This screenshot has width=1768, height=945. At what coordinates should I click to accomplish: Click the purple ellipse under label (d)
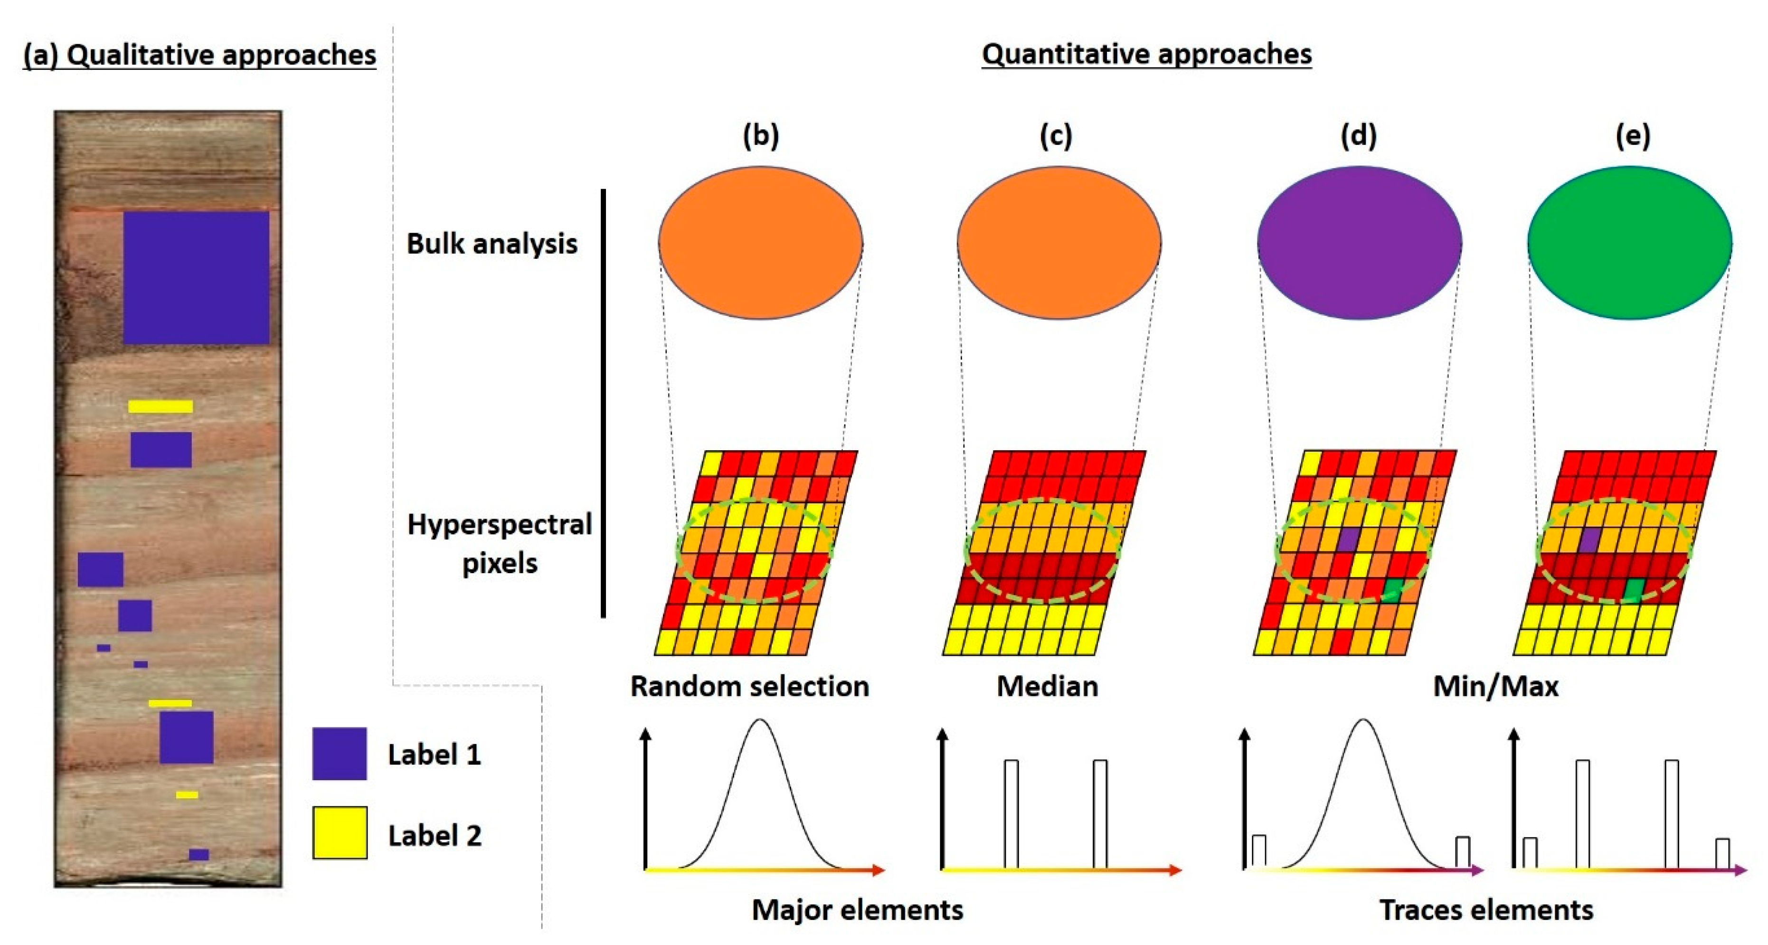pos(1359,243)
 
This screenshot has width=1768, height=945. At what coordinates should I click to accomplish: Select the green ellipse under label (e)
pos(1629,243)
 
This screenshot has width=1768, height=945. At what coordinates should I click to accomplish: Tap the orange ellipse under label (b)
pos(760,243)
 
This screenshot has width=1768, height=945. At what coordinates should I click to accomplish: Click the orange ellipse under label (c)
pos(1059,243)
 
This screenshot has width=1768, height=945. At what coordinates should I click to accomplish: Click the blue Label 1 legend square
pos(339,754)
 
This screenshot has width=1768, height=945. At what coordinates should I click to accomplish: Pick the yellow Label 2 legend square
pos(339,833)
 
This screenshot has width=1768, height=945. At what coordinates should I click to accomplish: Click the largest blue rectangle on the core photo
pos(196,277)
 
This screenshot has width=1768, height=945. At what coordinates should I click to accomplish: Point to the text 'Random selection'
pos(749,686)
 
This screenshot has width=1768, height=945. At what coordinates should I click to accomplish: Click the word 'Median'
pos(1047,686)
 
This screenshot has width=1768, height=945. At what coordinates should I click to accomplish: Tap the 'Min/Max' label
pos(1495,686)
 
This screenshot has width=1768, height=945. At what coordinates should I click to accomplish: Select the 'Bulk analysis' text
pos(492,244)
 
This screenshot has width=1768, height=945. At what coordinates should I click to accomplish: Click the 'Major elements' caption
pos(857,910)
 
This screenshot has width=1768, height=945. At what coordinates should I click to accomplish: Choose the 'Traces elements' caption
pos(1486,910)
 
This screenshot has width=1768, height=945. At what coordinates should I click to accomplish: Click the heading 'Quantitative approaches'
pos(1146,54)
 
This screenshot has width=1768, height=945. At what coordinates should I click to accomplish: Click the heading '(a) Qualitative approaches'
pos(199,55)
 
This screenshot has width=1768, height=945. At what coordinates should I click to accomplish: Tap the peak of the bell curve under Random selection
pos(760,720)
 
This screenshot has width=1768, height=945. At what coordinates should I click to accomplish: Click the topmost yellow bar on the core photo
pos(161,407)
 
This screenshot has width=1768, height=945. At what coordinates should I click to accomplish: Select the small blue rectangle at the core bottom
pos(199,854)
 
